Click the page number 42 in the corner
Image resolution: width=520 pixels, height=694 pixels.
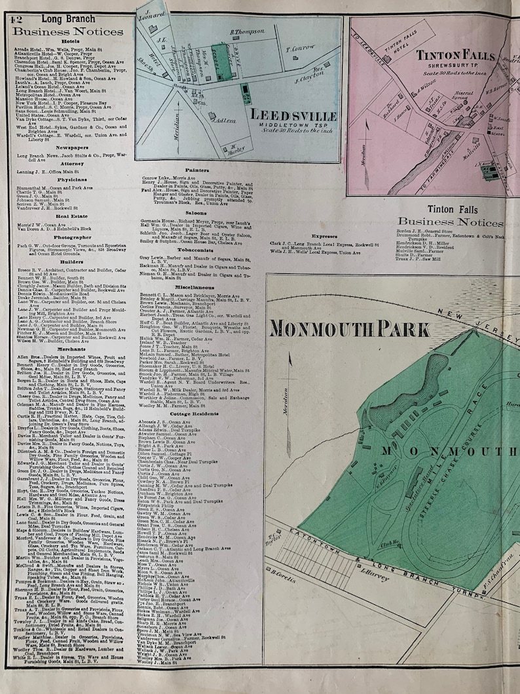coord(16,19)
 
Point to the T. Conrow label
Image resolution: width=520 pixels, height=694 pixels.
coord(301,48)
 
